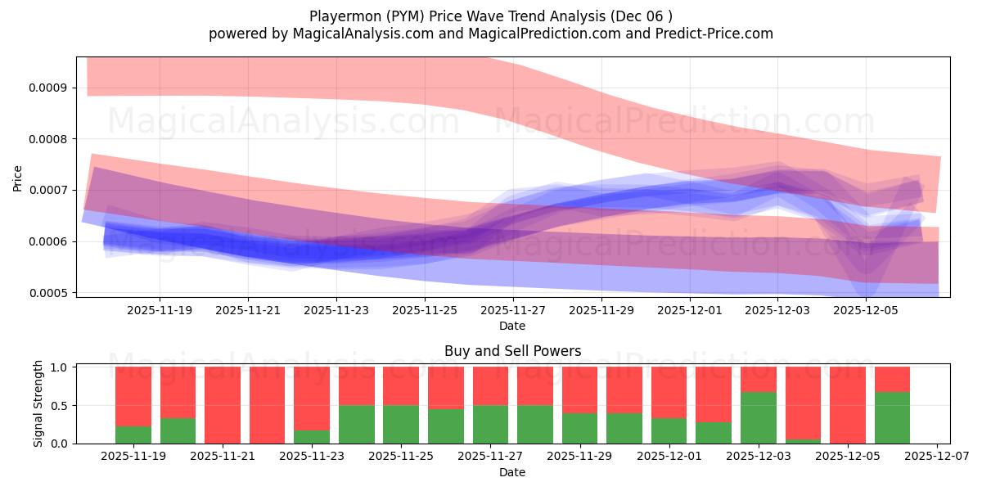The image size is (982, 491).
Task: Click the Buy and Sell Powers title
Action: coord(512,351)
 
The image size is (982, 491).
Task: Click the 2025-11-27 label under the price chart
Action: coord(512,311)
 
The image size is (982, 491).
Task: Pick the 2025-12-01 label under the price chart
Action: coord(689,311)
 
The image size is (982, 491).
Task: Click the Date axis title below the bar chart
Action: coord(512,472)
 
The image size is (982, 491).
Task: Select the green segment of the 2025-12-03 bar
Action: coord(758,417)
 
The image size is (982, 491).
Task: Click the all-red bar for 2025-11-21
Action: coord(223,405)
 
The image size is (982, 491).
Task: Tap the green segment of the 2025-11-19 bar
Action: coord(133,435)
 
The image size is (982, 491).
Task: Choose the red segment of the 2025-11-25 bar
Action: coord(401,385)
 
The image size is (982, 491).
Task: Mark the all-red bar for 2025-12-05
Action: coord(847,405)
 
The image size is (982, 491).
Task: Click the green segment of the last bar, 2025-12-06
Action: coord(892,417)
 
